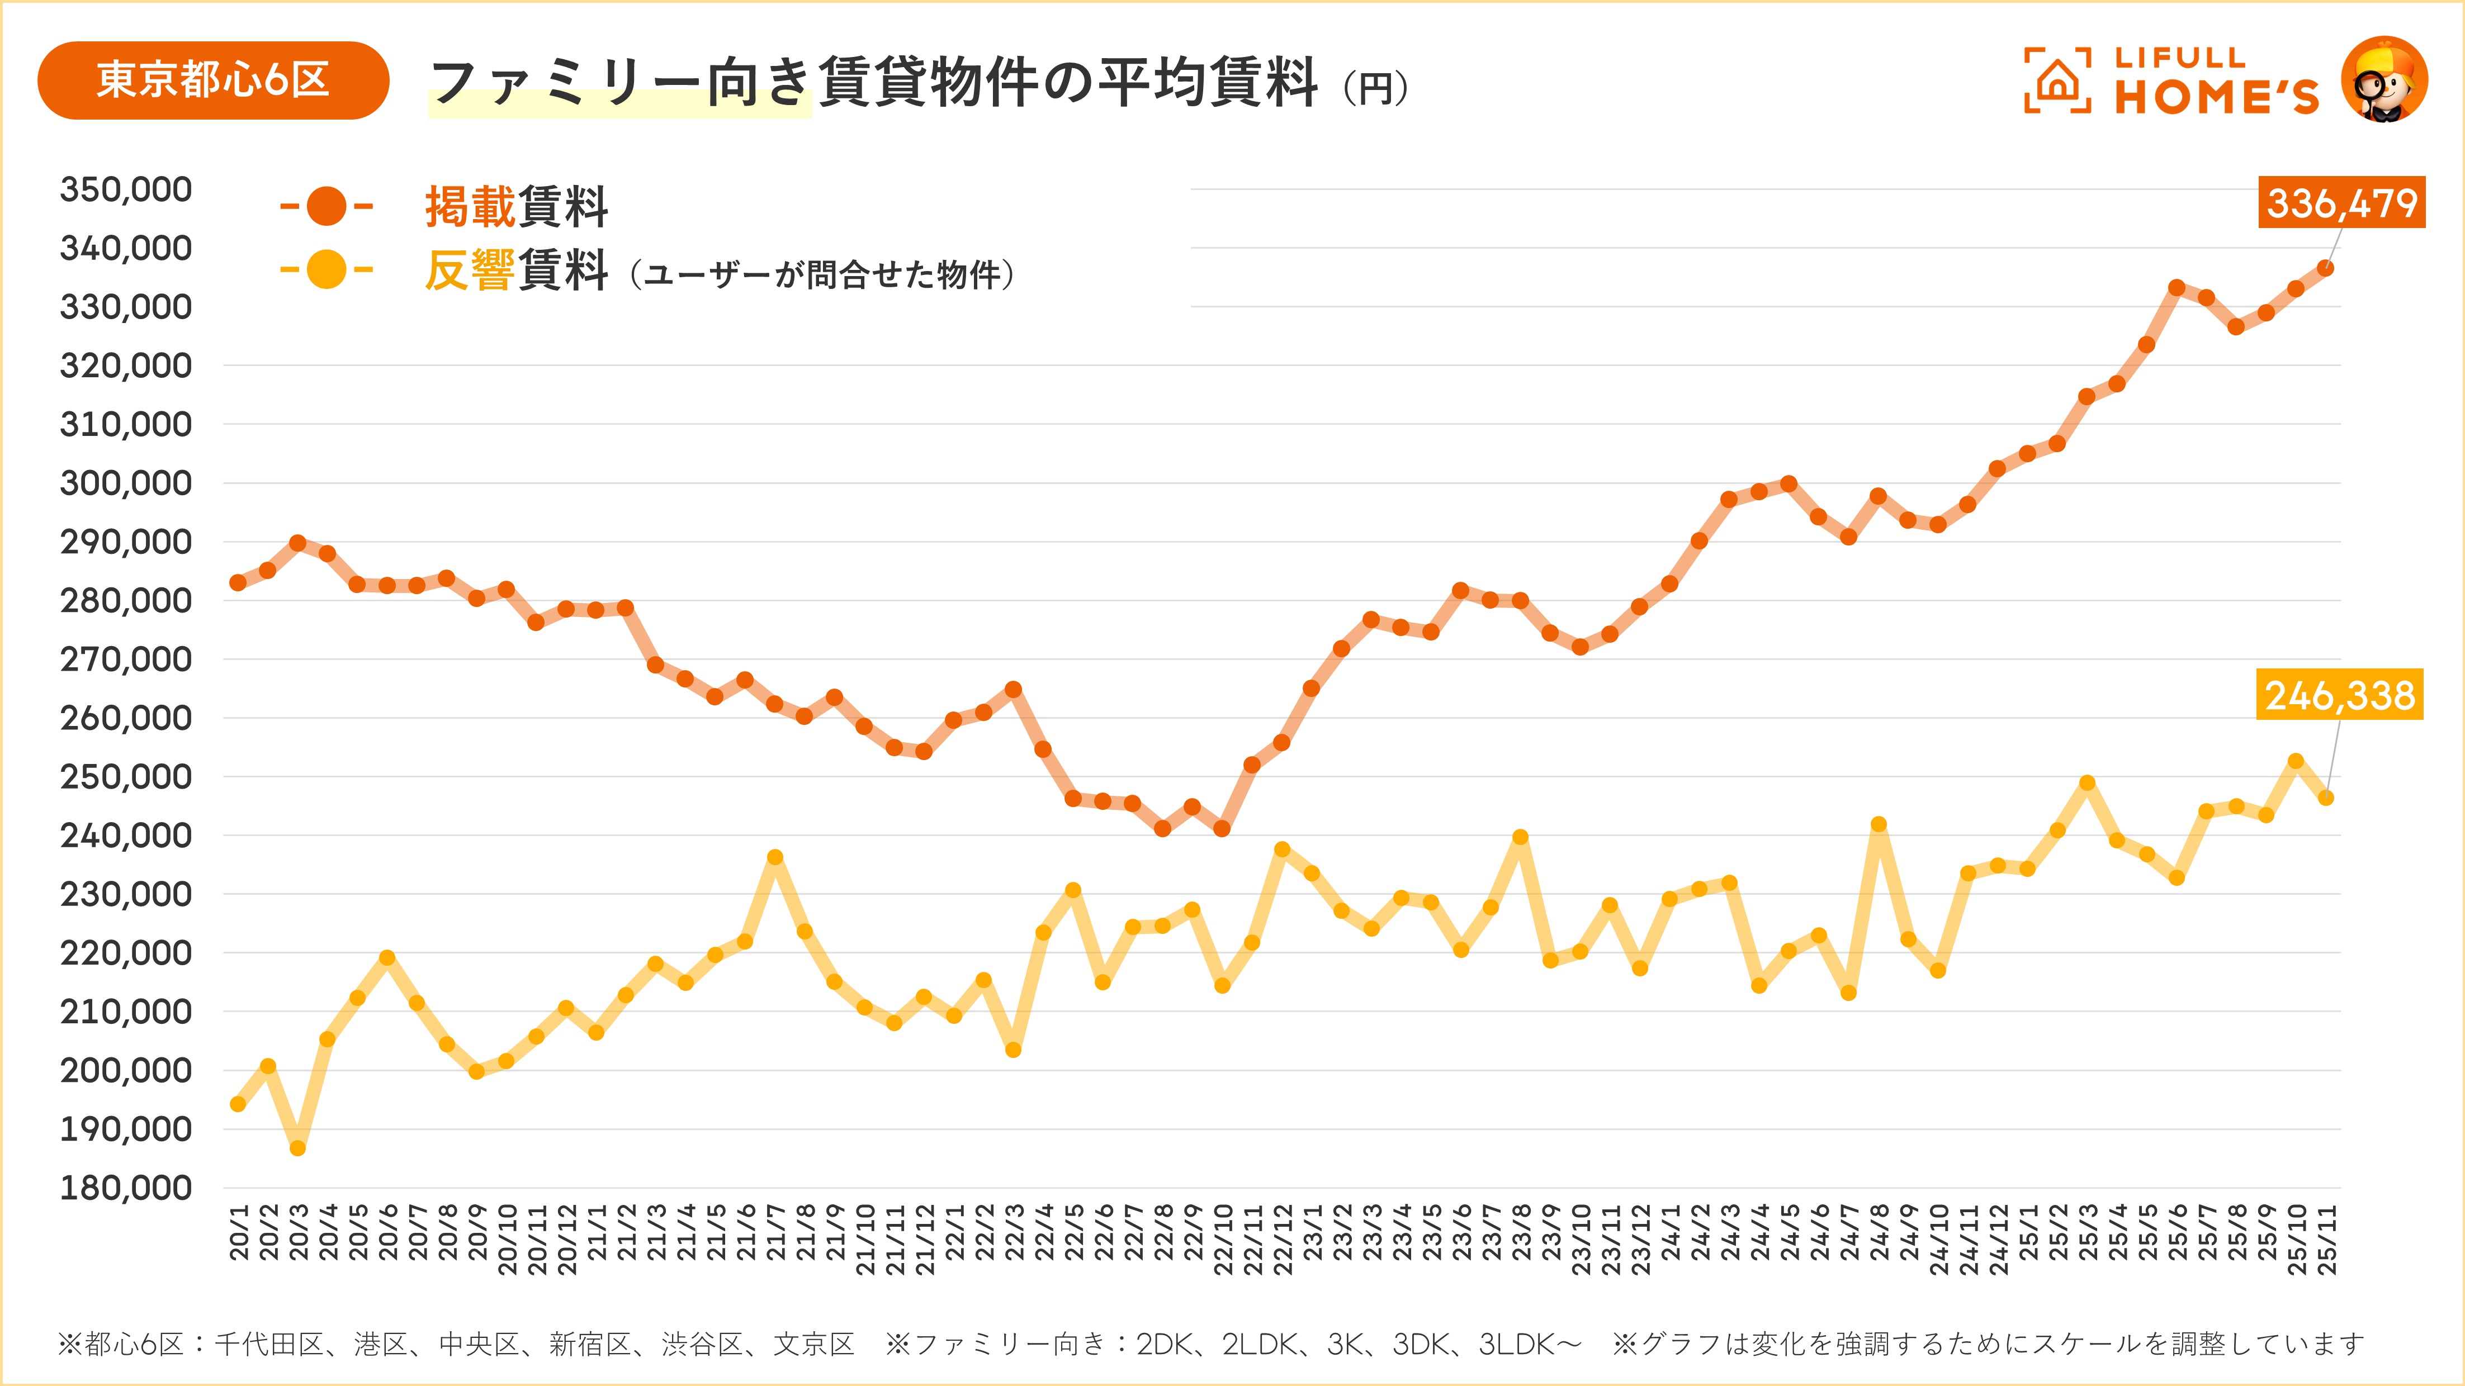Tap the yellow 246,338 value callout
coord(2340,695)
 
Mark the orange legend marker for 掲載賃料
coord(327,206)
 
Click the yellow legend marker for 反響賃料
coord(327,270)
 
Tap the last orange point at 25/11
coord(2325,269)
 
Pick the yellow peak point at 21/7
coord(775,857)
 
